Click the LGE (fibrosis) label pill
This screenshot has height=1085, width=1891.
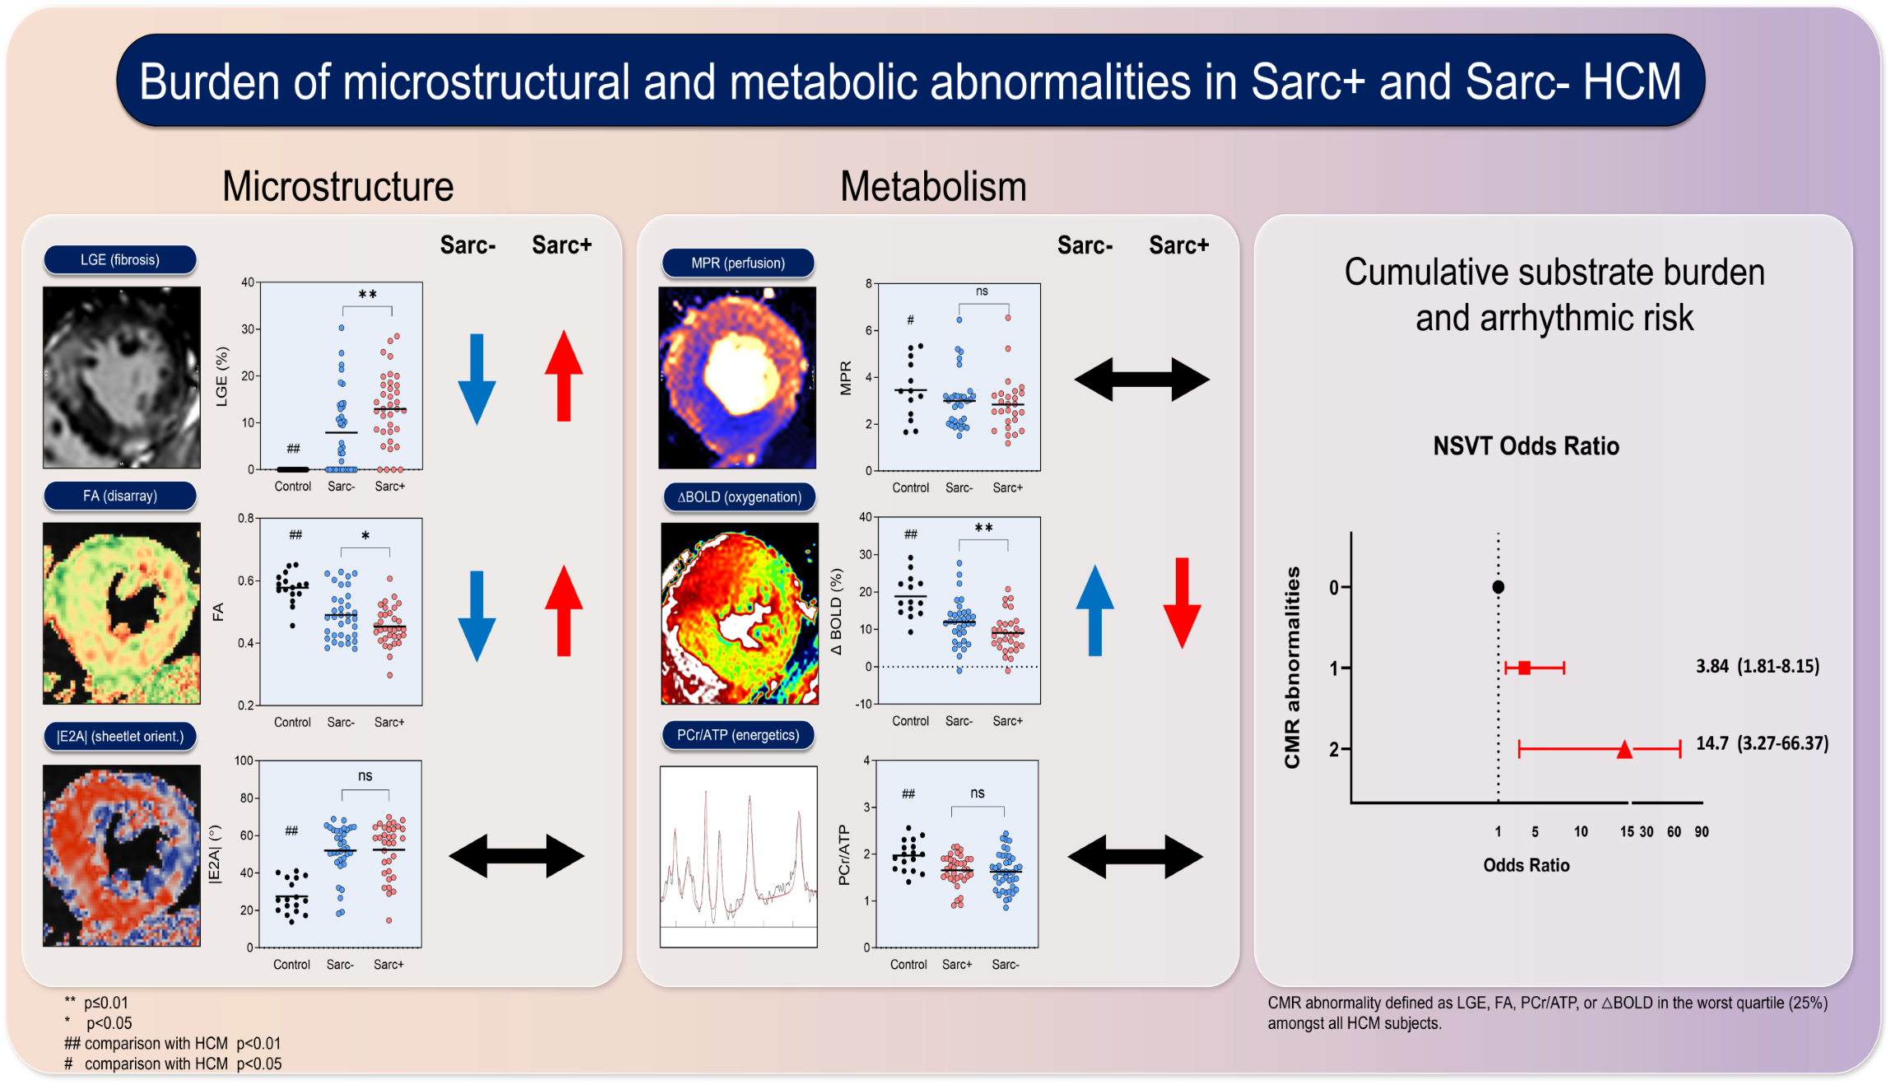point(120,259)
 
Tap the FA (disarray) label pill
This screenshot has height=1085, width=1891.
point(120,496)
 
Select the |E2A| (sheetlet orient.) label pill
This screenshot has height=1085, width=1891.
point(120,736)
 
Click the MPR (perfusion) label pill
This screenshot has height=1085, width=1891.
point(738,263)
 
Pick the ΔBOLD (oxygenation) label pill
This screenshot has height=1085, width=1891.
point(739,496)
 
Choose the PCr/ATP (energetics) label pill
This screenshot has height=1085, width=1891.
point(738,734)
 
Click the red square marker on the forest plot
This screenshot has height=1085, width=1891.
point(1525,668)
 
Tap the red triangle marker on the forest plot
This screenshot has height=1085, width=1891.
point(1624,749)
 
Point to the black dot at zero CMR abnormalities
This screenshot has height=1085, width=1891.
point(1498,587)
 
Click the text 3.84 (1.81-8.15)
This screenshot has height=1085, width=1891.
point(1758,666)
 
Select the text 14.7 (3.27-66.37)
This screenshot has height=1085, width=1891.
point(1763,743)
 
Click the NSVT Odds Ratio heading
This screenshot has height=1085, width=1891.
point(1526,446)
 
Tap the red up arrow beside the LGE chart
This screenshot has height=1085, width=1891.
point(564,375)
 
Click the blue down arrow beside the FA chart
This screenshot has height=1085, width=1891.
point(476,617)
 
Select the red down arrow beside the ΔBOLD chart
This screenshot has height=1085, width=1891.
point(1182,603)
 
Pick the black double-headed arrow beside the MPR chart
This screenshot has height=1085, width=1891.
point(1142,380)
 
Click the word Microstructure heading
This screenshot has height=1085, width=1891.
point(338,187)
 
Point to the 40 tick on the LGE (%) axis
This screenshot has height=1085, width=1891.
point(248,282)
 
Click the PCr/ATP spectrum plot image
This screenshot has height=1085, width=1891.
point(739,857)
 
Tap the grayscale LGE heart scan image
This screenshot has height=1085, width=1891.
point(122,378)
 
